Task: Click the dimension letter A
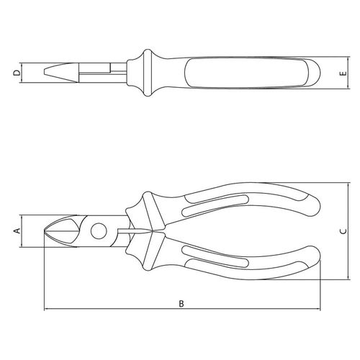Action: click(17, 231)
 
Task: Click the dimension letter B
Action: click(181, 304)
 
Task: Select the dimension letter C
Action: click(343, 231)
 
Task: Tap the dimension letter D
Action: click(17, 73)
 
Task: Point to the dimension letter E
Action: click(343, 73)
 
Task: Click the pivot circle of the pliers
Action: click(99, 231)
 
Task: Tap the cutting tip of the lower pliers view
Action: click(45, 231)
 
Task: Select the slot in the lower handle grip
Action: click(215, 257)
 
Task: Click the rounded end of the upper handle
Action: click(314, 206)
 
